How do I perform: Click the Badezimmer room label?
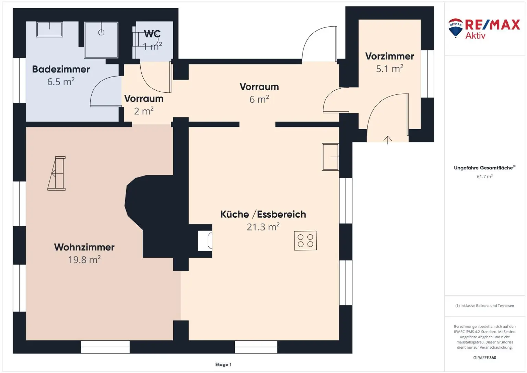(x=61, y=69)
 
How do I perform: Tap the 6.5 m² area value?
(x=61, y=81)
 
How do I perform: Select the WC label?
(x=152, y=34)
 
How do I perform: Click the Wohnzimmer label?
(x=84, y=247)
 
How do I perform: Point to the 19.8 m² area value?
(x=84, y=259)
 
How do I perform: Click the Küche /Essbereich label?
(x=263, y=214)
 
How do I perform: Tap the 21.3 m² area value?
(x=263, y=227)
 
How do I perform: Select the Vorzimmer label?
(x=389, y=56)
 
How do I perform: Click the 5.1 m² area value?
(x=389, y=69)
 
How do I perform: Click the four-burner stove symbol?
(x=305, y=240)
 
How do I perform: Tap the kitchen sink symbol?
(x=330, y=157)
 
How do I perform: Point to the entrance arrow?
(x=387, y=140)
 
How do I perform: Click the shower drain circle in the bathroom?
(x=101, y=32)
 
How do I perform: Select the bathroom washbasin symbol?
(x=49, y=29)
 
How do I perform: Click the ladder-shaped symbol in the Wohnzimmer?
(x=57, y=173)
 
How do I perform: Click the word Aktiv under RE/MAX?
(x=475, y=36)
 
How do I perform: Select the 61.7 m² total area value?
(x=485, y=177)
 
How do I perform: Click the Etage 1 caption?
(x=223, y=364)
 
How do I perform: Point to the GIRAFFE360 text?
(x=485, y=358)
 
